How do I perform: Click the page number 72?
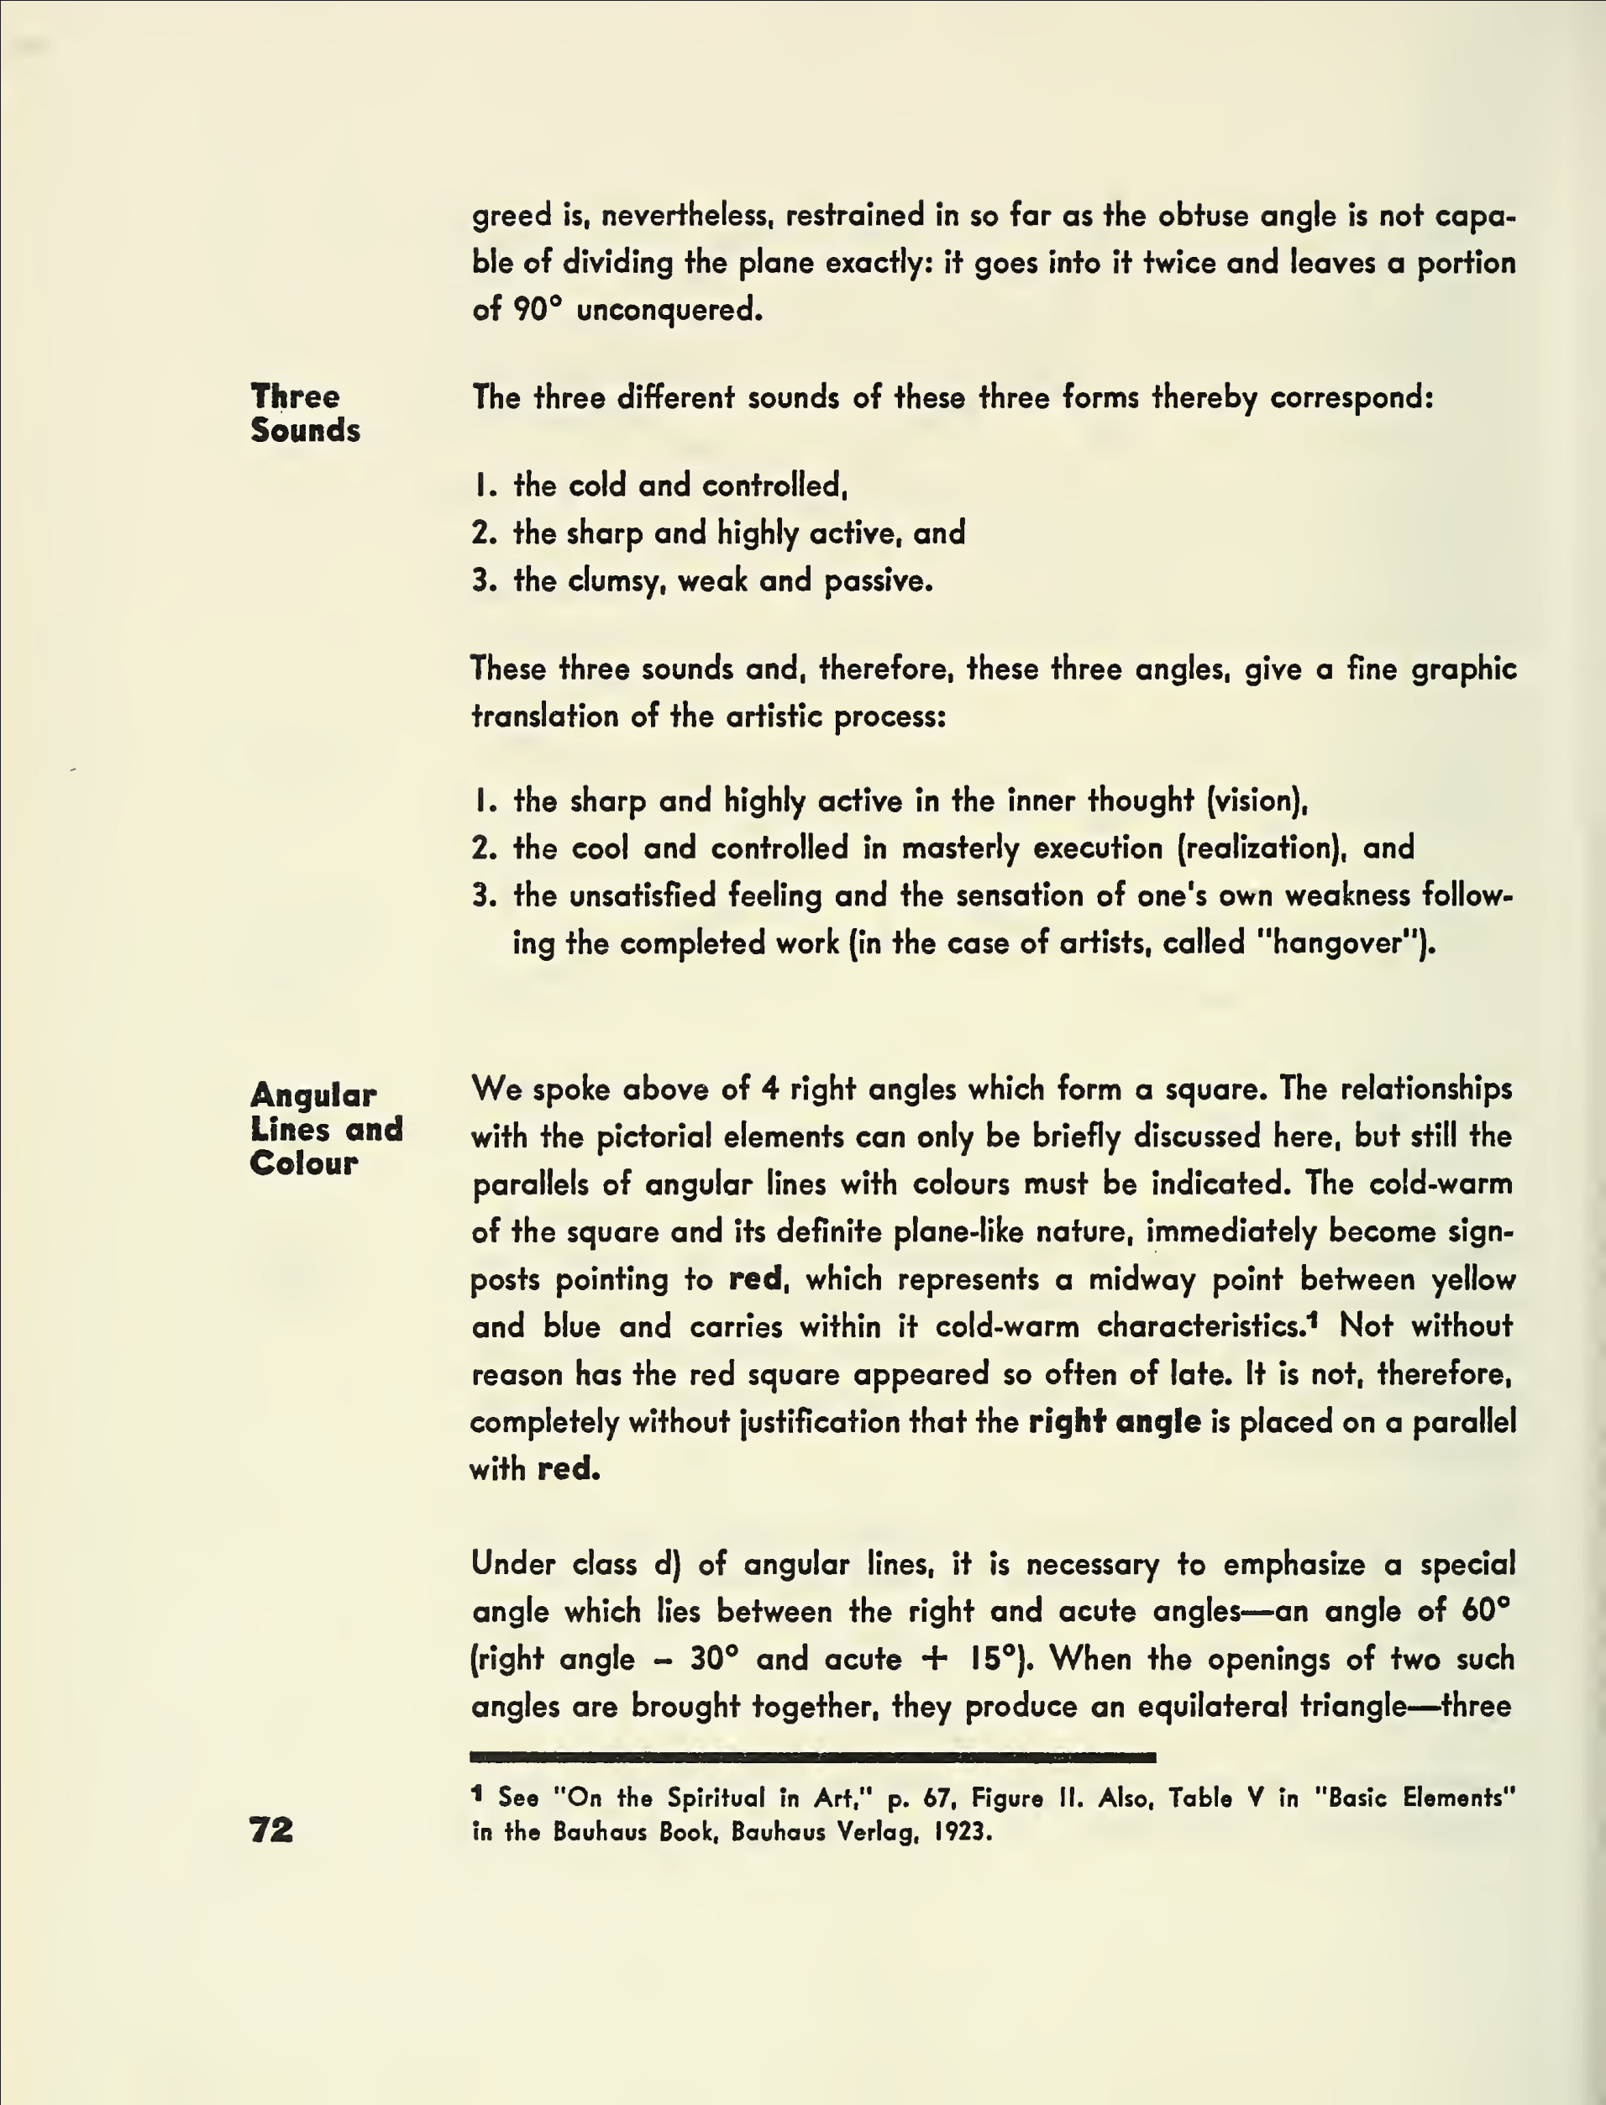(x=271, y=1829)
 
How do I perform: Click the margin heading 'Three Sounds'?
(x=305, y=413)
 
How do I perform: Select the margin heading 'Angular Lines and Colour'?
(x=326, y=1128)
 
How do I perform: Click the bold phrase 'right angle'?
(x=1114, y=1421)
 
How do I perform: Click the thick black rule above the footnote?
(x=812, y=1757)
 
